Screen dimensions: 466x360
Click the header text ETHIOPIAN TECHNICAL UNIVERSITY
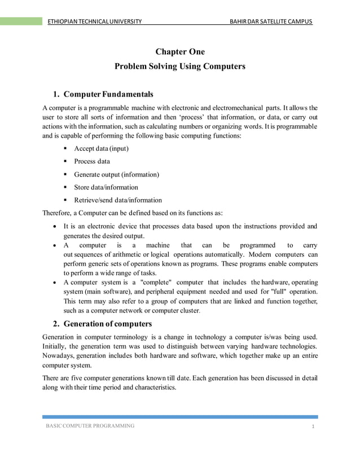[x=94, y=21]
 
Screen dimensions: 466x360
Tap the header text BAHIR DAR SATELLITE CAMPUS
[x=267, y=21]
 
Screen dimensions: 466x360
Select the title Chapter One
[x=179, y=52]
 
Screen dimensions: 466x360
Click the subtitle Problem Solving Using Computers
[x=179, y=67]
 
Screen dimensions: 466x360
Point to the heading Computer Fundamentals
[x=108, y=94]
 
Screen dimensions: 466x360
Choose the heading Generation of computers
[x=108, y=324]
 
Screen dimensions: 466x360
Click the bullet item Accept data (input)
[x=101, y=149]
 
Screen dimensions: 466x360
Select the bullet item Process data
[x=92, y=162]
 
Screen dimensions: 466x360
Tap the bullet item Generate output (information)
[x=116, y=174]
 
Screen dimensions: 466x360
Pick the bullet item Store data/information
[x=106, y=187]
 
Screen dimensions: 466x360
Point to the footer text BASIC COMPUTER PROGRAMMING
[x=90, y=426]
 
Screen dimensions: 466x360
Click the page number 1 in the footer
[x=312, y=427]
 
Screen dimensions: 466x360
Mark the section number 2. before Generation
[x=56, y=324]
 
